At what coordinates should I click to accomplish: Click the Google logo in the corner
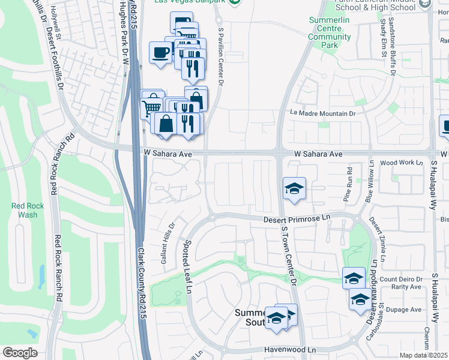(x=20, y=353)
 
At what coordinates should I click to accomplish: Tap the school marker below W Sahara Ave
(x=294, y=188)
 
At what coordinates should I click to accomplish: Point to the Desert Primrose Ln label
(x=298, y=220)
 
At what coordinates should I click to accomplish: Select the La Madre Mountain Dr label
(x=323, y=113)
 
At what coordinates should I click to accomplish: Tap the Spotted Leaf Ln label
(x=187, y=267)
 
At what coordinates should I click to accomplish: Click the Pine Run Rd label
(x=348, y=179)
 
